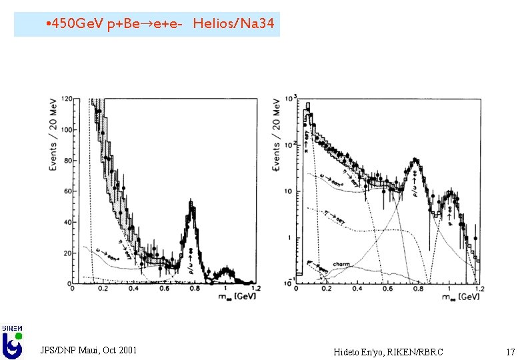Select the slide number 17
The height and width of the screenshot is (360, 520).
[x=510, y=351]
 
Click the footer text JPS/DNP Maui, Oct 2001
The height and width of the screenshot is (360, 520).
[x=89, y=350]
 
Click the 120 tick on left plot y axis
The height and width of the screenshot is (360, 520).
[x=67, y=99]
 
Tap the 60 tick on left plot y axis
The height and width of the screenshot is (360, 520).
[x=68, y=191]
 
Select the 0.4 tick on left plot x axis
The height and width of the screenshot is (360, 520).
[x=135, y=289]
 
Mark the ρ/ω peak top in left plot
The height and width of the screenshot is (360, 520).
[x=192, y=203]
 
